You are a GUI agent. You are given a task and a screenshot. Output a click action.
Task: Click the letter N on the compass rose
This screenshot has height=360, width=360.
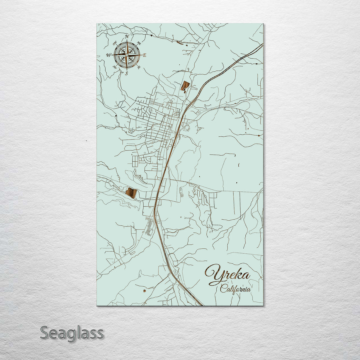[x=127, y=36]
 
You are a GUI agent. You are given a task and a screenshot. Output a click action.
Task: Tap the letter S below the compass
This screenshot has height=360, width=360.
[x=127, y=74]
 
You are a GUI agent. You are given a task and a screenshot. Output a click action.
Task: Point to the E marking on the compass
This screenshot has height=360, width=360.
[x=145, y=55]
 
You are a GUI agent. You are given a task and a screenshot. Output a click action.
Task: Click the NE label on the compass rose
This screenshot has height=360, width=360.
[x=139, y=43]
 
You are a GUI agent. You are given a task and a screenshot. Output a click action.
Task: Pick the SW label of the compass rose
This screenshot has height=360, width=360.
[x=114, y=67]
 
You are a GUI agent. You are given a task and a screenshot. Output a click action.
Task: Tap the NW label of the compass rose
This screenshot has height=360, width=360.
[x=115, y=43]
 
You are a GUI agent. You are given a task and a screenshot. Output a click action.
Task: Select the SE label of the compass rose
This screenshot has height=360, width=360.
[x=139, y=67]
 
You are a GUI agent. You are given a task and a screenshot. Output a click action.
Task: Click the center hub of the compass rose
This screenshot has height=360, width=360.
[x=127, y=55]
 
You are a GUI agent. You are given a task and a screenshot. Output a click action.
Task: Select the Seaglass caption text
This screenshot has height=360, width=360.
[x=72, y=333]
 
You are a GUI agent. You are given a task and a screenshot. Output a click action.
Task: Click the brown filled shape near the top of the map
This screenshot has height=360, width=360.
[x=185, y=86]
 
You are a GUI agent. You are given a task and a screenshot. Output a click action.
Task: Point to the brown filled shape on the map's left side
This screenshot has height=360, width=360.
[x=131, y=193]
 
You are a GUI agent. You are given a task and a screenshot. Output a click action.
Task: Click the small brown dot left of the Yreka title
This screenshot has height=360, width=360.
[x=144, y=291]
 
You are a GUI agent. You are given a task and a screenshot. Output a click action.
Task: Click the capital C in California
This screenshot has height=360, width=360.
[x=223, y=289]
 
